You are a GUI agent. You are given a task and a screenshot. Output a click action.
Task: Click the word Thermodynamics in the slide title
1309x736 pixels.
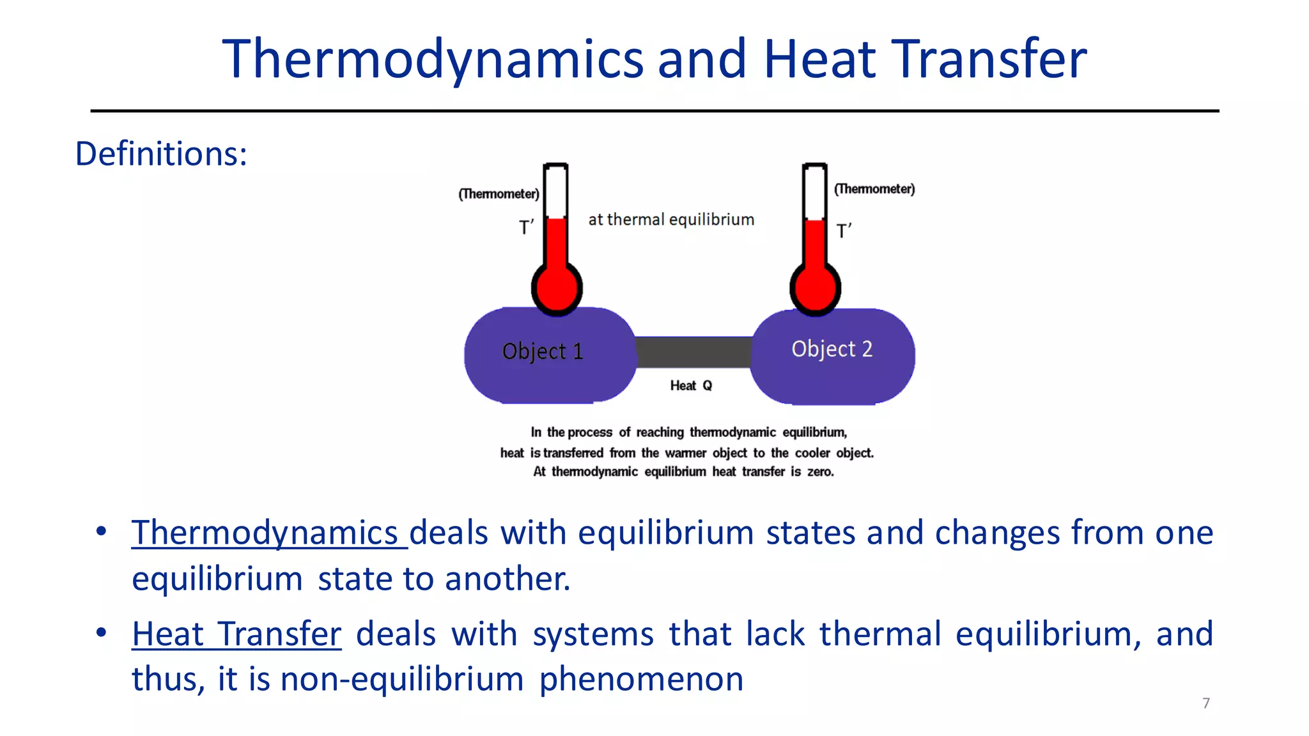coord(433,59)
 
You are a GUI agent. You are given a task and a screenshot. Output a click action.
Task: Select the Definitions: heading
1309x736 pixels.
coord(161,154)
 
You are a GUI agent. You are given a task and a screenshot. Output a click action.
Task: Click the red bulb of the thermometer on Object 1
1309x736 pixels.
coord(557,288)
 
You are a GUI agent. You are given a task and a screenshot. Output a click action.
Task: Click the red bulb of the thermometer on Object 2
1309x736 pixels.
coord(815,288)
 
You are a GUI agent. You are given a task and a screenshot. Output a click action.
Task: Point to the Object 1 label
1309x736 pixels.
coord(543,351)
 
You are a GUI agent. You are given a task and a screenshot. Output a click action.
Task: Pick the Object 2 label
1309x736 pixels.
coord(832,349)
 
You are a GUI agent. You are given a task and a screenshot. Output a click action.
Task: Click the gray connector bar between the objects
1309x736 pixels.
coord(693,352)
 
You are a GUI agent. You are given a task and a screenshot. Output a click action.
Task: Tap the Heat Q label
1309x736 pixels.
coord(691,385)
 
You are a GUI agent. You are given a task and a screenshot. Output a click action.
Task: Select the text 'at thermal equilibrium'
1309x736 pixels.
coord(671,220)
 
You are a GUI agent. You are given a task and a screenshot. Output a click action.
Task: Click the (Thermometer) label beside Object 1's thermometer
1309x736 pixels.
coord(499,194)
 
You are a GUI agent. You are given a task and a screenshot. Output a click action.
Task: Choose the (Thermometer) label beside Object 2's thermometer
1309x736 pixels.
coord(874,189)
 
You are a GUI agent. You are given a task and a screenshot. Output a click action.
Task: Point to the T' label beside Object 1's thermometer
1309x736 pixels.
coord(526,227)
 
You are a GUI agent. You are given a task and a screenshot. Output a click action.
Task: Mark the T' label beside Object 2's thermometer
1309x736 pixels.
coord(844,231)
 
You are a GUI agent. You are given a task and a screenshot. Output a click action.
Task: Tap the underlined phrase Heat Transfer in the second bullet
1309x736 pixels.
coord(236,634)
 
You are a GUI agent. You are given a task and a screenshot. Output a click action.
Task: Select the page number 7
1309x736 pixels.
coord(1206,703)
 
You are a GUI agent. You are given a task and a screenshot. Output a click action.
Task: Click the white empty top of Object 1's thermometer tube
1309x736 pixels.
coord(556,192)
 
